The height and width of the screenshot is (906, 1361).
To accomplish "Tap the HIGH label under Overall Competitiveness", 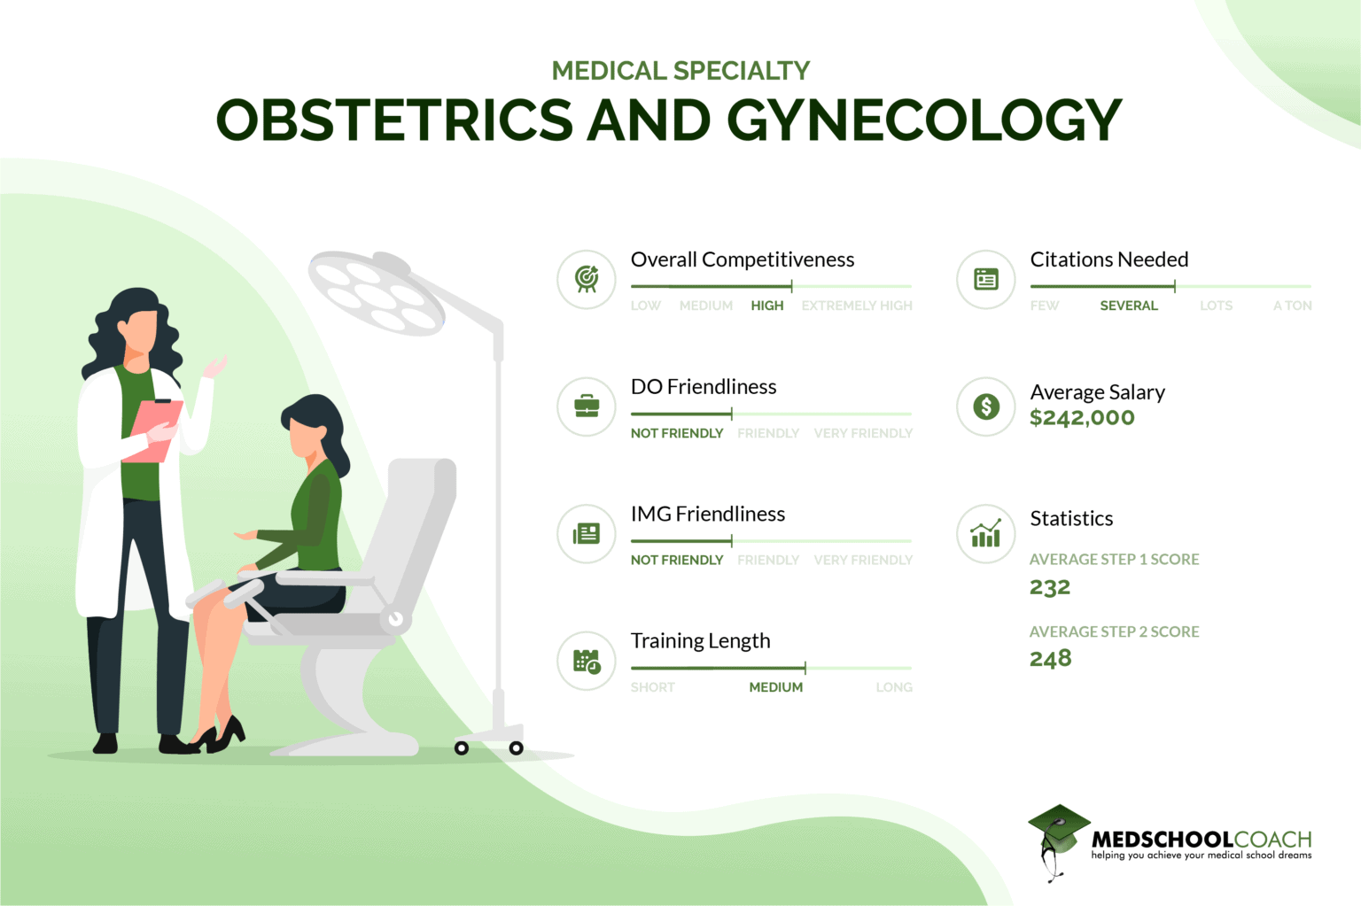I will (x=766, y=306).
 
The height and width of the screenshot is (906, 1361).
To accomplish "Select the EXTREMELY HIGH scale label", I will (x=856, y=306).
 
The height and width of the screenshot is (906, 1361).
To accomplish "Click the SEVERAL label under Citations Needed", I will (x=1128, y=306).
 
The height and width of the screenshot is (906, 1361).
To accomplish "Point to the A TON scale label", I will (x=1292, y=306).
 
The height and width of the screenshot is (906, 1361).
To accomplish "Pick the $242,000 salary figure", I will (x=1082, y=418).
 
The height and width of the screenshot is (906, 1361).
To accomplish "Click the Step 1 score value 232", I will (x=1050, y=588).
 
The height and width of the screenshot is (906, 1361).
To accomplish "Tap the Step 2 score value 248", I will (x=1050, y=659).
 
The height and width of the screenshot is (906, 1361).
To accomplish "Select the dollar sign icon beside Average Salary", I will (x=985, y=407).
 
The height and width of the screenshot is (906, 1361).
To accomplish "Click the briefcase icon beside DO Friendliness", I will (x=587, y=407).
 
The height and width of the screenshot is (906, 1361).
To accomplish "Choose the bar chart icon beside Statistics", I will (x=985, y=534).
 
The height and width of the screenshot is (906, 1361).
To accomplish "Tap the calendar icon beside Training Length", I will (x=587, y=661).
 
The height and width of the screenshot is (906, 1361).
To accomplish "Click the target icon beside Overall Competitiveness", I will (x=587, y=279).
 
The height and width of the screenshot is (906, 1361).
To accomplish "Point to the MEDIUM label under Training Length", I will (x=775, y=687).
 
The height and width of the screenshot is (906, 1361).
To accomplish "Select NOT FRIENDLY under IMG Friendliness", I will (x=677, y=560).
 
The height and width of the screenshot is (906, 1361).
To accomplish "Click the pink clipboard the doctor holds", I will (x=158, y=430).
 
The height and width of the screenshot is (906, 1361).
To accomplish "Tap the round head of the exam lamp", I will (x=376, y=293).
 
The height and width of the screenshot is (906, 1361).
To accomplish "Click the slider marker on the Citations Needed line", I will (x=1174, y=286).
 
